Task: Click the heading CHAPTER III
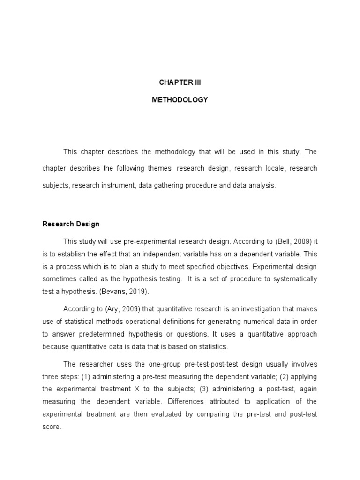pyautogui.click(x=180, y=82)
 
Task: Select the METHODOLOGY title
pyautogui.click(x=180, y=100)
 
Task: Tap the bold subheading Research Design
pyautogui.click(x=70, y=224)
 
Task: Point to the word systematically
pyautogui.click(x=292, y=279)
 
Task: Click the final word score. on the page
pyautogui.click(x=52, y=427)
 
